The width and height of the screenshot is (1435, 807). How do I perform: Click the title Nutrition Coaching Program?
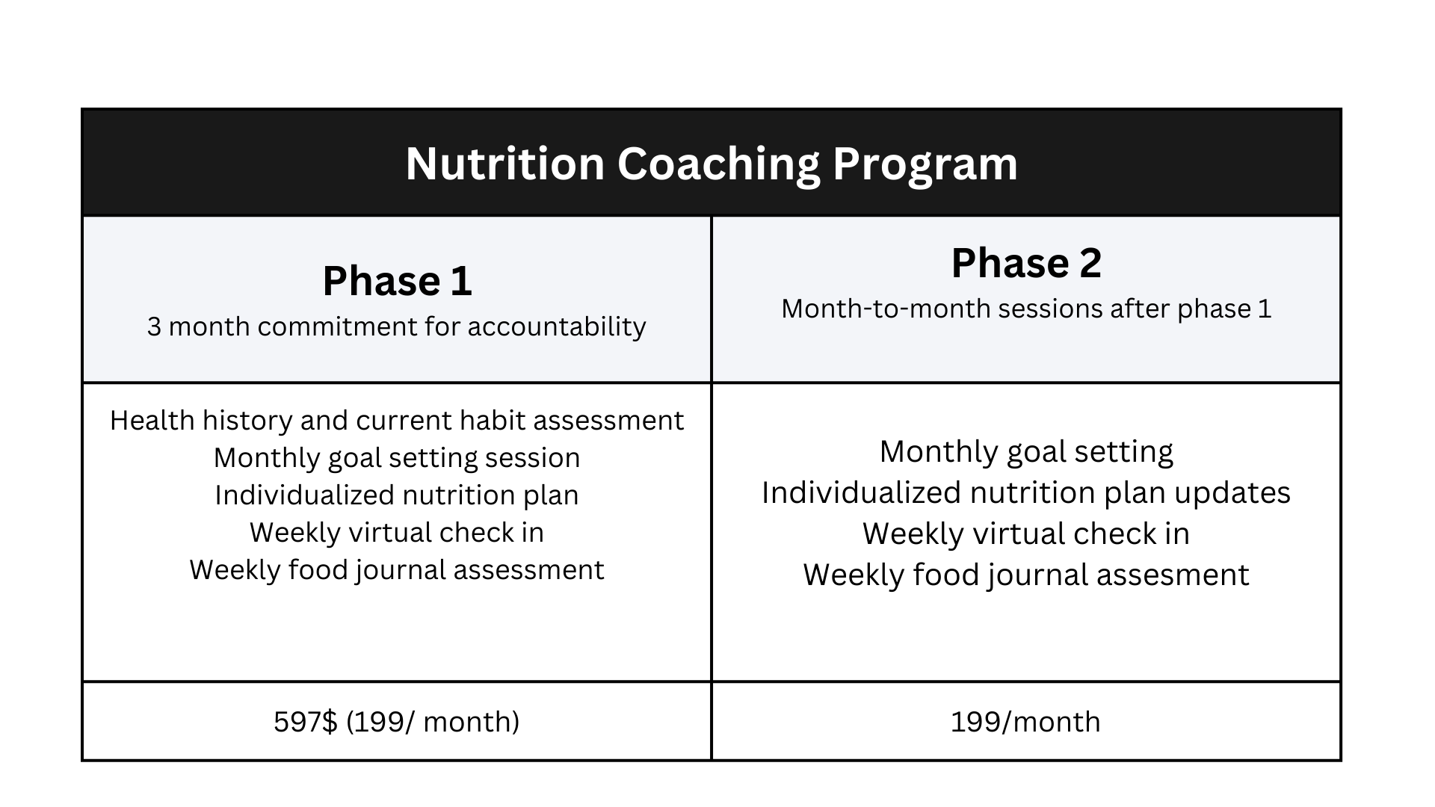pyautogui.click(x=711, y=164)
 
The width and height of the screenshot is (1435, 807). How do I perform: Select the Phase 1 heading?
pyautogui.click(x=397, y=282)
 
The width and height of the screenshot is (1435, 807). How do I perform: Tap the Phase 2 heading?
pyautogui.click(x=1025, y=264)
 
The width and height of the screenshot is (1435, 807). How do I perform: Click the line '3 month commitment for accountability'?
pyautogui.click(x=396, y=327)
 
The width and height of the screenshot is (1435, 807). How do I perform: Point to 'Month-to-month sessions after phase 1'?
pyautogui.click(x=1025, y=309)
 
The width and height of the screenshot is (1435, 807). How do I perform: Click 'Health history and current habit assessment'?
pyautogui.click(x=396, y=421)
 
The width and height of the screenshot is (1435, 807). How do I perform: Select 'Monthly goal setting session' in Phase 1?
pyautogui.click(x=396, y=458)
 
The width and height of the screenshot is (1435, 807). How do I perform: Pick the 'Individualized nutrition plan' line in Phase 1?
pyautogui.click(x=396, y=495)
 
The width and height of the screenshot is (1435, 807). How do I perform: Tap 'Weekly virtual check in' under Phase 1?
pyautogui.click(x=396, y=533)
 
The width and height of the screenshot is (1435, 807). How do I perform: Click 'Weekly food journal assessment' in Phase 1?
pyautogui.click(x=396, y=570)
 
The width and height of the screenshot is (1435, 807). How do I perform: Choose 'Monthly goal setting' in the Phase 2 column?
pyautogui.click(x=1025, y=452)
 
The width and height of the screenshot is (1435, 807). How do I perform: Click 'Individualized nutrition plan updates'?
pyautogui.click(x=1025, y=493)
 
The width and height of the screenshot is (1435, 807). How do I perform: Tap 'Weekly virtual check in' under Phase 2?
pyautogui.click(x=1025, y=534)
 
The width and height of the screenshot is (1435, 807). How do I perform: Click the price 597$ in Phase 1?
pyautogui.click(x=306, y=722)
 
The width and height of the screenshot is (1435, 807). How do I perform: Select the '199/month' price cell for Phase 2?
pyautogui.click(x=1025, y=722)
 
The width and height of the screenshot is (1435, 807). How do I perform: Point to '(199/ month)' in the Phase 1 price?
pyautogui.click(x=433, y=722)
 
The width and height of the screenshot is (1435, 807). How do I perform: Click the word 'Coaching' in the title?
pyautogui.click(x=718, y=164)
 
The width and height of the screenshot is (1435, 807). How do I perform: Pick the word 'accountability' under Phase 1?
pyautogui.click(x=556, y=327)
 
